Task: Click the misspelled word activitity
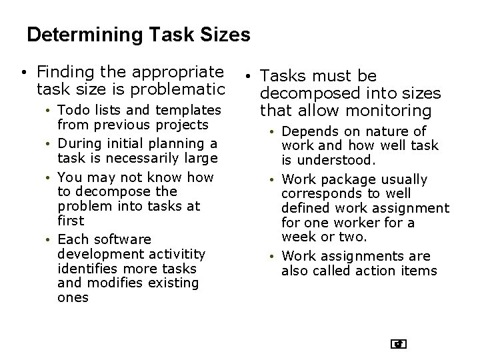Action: pos(176,254)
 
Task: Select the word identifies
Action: pos(85,269)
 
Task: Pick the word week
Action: pos(296,237)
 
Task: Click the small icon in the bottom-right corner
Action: pos(399,344)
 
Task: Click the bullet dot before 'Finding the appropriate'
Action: pos(23,71)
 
